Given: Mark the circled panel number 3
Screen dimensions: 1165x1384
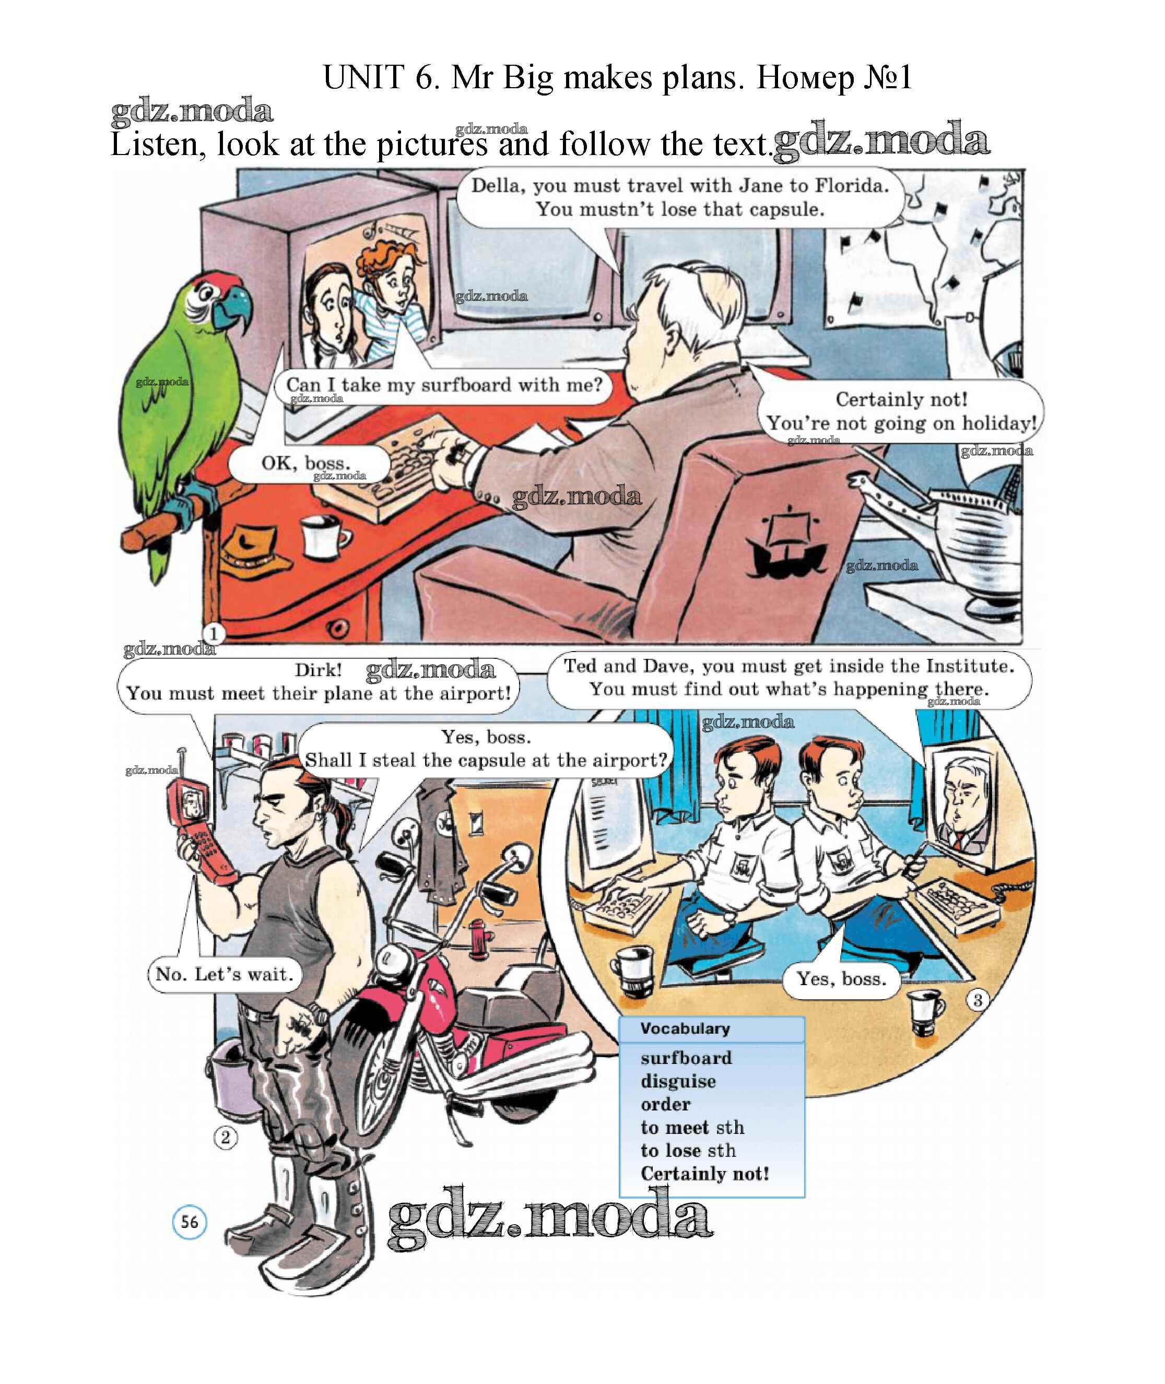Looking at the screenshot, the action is pos(978,1000).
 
